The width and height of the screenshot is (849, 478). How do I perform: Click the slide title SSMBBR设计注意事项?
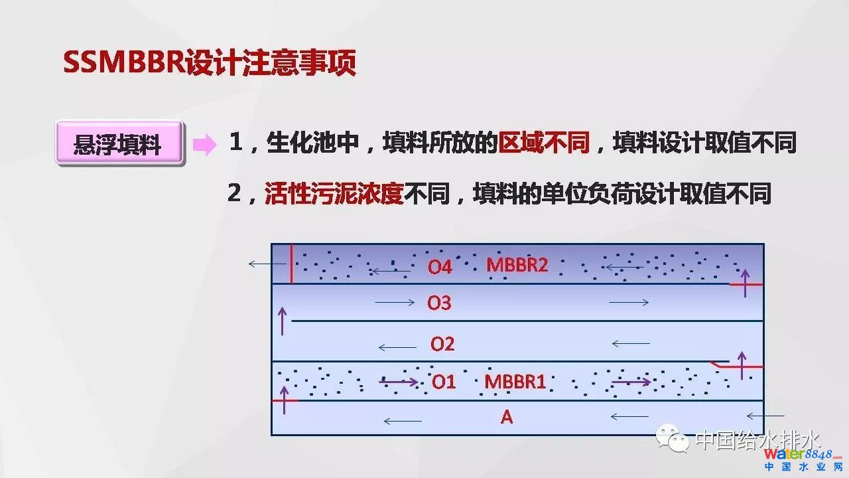(210, 62)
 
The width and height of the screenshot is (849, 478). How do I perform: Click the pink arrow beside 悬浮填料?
(205, 145)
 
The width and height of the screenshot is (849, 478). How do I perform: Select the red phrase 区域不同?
(544, 142)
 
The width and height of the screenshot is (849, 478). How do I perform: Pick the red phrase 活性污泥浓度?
(334, 193)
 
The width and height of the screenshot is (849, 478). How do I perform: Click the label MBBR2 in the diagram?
(517, 265)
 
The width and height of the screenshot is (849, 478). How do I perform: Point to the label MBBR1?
(515, 382)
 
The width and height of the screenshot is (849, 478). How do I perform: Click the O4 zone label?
(440, 267)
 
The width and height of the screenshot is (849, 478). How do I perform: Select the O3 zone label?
(439, 303)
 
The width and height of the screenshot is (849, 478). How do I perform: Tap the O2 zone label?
(442, 344)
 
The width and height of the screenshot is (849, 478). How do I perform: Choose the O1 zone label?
(444, 382)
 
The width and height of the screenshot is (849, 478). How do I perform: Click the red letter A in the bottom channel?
(507, 418)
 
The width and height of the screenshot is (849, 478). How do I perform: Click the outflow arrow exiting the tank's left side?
(267, 264)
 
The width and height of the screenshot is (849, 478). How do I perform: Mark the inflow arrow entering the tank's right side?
(765, 416)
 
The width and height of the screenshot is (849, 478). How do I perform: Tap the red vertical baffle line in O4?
(291, 264)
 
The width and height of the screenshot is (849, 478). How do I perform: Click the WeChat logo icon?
(673, 439)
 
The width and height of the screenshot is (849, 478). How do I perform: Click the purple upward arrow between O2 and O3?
(283, 321)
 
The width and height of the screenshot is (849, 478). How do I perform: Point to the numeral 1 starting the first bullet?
(235, 142)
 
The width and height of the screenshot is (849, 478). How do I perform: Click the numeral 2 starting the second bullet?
(234, 193)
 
